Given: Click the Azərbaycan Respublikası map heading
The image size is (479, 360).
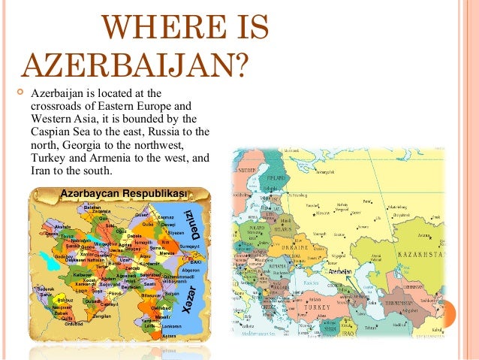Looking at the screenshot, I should click(x=123, y=195).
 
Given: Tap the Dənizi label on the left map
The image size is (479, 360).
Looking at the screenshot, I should click(x=191, y=221).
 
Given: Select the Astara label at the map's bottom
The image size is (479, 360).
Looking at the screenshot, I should click(x=169, y=335).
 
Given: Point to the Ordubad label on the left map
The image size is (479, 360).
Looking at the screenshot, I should click(x=73, y=325).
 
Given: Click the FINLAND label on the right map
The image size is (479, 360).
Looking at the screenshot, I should click(x=284, y=177).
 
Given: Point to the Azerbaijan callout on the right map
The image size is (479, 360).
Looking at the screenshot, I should click(x=340, y=271).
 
